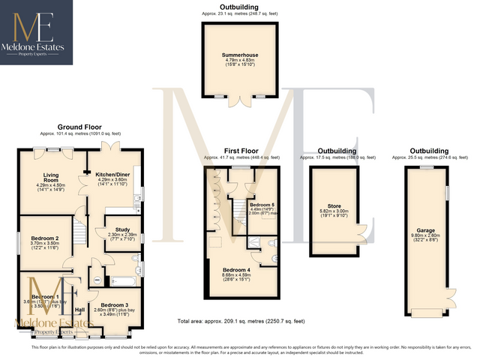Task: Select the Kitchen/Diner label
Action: coord(110,174)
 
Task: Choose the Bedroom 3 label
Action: coord(115,305)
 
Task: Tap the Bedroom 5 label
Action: coord(262,205)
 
